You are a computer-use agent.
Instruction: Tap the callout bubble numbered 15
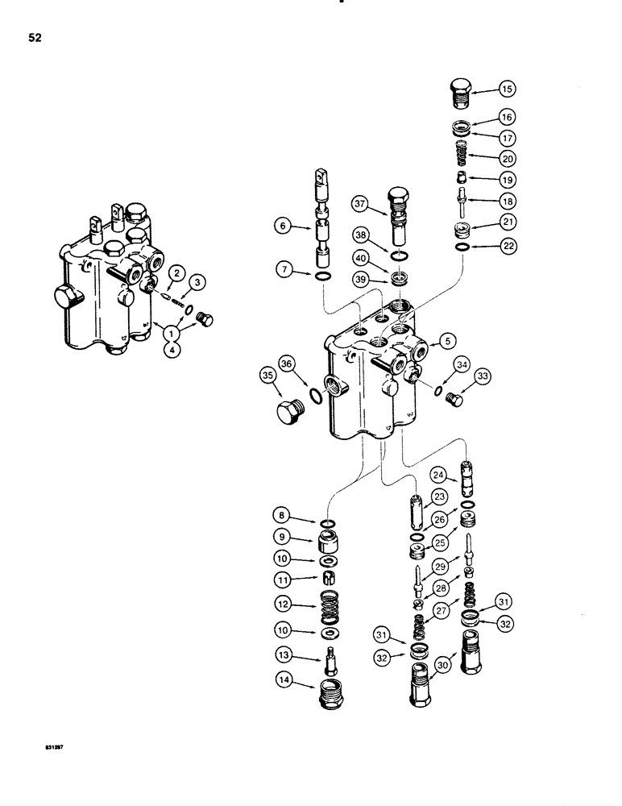click(509, 89)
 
